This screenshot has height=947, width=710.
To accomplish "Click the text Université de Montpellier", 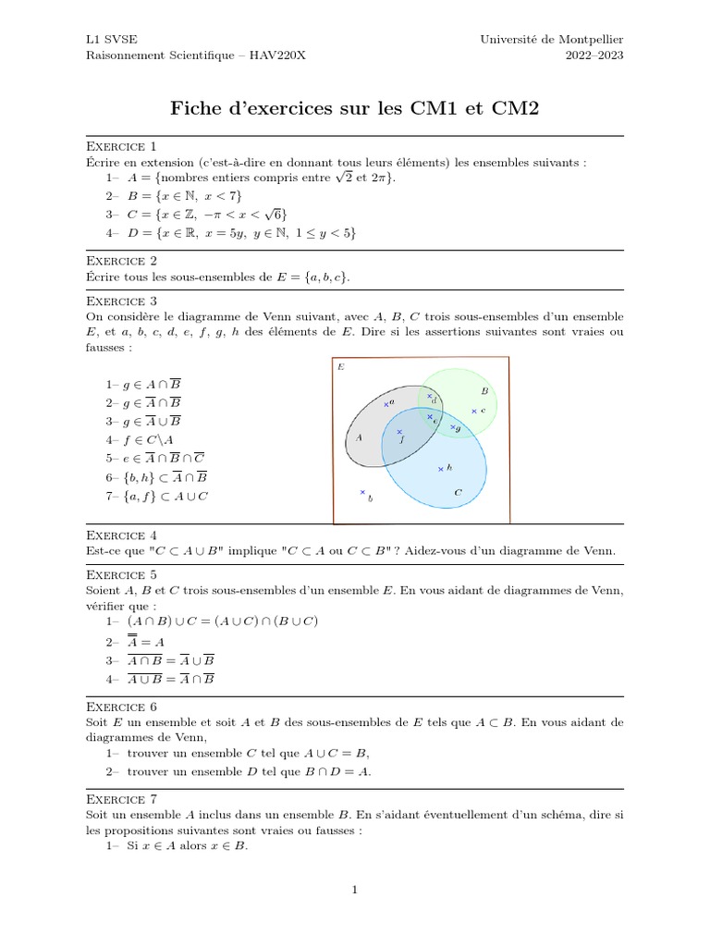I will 552,40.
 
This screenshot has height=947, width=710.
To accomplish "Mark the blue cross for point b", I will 362,492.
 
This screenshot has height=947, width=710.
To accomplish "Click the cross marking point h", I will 440,469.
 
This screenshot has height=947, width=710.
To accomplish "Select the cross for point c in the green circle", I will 473,411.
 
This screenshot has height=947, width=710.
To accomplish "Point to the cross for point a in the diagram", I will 386,404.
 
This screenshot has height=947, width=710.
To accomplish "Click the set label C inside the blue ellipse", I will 458,493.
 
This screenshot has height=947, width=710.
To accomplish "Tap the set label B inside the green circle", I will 484,391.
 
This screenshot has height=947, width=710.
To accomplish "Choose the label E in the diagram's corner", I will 341,367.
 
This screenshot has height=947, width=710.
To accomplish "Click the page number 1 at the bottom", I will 354,890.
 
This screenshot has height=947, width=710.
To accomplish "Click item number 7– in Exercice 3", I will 113,496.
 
